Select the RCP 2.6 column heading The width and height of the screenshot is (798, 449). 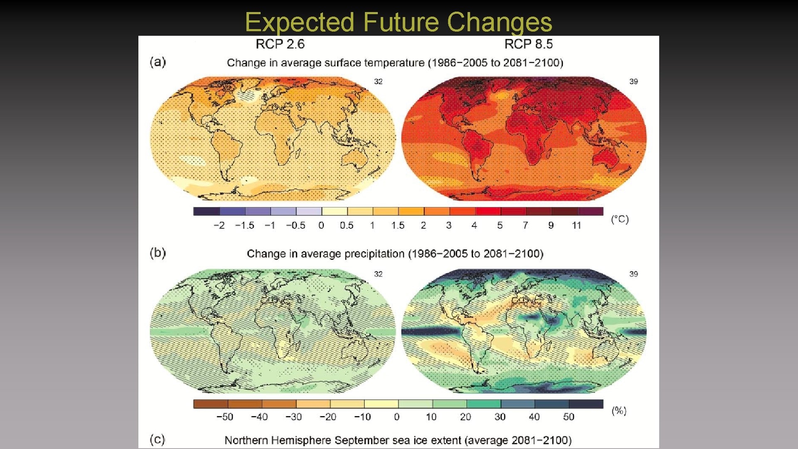tap(280, 44)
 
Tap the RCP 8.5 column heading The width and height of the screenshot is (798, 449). tap(529, 44)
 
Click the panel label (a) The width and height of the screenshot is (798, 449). tap(158, 62)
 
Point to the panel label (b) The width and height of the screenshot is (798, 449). tap(158, 253)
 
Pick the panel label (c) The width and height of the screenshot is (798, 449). tap(158, 439)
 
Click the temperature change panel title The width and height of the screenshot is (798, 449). tap(395, 63)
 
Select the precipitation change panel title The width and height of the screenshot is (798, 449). tap(395, 254)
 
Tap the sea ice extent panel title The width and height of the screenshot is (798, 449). tap(398, 440)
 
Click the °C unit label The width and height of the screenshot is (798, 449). tap(620, 219)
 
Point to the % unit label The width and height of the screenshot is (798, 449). tap(619, 411)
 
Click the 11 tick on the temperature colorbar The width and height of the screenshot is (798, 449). tap(576, 225)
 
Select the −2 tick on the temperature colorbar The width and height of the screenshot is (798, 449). tap(219, 225)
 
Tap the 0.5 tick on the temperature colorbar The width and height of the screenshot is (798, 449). tap(347, 225)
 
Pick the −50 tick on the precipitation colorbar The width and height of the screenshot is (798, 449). tap(225, 417)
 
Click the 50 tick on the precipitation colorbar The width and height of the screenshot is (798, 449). tap(569, 417)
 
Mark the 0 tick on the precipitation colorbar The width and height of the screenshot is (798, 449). tap(397, 417)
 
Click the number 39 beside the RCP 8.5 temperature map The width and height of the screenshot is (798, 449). tap(633, 81)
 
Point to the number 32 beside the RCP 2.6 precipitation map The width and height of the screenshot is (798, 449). tap(378, 274)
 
